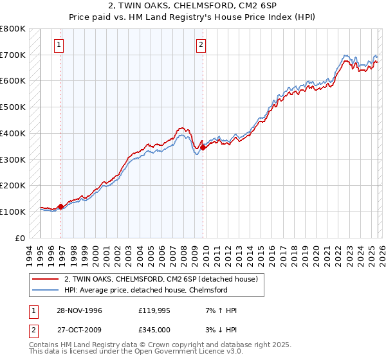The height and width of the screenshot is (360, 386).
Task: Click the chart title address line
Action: point(193,6)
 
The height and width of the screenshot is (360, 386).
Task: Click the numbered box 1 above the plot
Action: point(59,45)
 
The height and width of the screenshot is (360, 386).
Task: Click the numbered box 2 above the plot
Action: point(201,45)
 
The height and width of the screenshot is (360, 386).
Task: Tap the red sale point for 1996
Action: point(61,206)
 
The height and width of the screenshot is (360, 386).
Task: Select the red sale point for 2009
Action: point(203,147)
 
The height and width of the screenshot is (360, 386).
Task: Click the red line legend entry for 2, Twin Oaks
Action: point(161,279)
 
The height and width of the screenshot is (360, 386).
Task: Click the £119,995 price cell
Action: point(156,310)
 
